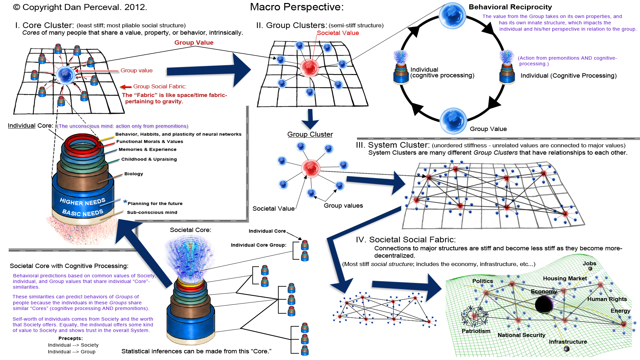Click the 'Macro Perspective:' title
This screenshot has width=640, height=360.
click(297, 7)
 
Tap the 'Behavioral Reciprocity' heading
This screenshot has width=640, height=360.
click(510, 7)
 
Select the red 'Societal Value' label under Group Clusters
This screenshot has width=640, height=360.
click(338, 33)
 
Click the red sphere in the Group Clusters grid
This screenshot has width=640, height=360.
click(310, 67)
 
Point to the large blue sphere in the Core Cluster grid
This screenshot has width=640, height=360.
click(65, 75)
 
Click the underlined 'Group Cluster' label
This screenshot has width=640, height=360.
click(310, 134)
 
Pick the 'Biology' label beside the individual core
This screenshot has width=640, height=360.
click(134, 174)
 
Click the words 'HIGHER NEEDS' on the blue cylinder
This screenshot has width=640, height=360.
click(82, 202)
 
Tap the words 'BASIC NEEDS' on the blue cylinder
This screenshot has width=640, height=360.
click(83, 213)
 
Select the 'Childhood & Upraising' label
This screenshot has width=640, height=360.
click(149, 159)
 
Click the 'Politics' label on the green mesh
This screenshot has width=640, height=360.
click(482, 281)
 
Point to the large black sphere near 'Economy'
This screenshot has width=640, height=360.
click(544, 304)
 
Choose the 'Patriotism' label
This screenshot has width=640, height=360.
click(476, 331)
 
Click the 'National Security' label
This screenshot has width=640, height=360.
click(521, 335)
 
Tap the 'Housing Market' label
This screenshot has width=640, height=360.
click(565, 278)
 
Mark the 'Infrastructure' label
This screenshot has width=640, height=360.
click(568, 342)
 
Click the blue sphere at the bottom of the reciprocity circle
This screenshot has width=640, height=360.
click(453, 121)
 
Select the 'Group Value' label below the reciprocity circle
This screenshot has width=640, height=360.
click(488, 129)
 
